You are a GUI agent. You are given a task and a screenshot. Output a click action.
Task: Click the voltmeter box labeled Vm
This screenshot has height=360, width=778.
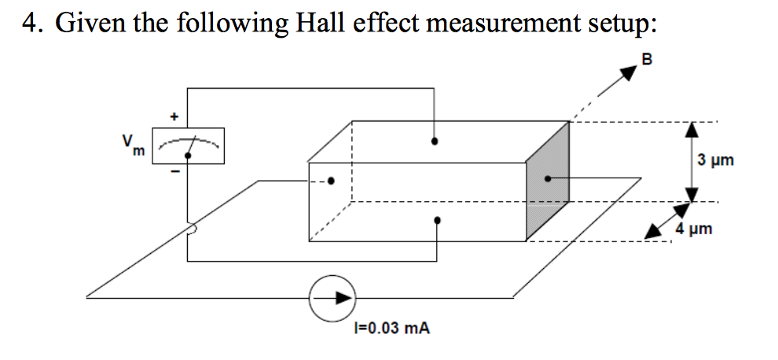[188, 146]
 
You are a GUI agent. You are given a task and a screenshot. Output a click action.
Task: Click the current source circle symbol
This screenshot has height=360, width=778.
[332, 298]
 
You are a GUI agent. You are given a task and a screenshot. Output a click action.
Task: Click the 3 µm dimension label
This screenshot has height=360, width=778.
[715, 160]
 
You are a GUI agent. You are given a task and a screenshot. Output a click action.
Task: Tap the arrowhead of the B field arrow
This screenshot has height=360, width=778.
[626, 75]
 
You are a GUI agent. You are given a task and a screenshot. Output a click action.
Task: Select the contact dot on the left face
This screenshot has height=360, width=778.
[331, 181]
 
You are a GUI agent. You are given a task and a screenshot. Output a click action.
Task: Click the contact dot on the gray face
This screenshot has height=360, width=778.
[547, 178]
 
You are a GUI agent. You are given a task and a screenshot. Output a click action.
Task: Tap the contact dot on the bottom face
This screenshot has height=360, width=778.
[437, 221]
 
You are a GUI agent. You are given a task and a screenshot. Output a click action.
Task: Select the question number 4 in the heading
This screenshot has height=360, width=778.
[29, 24]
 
